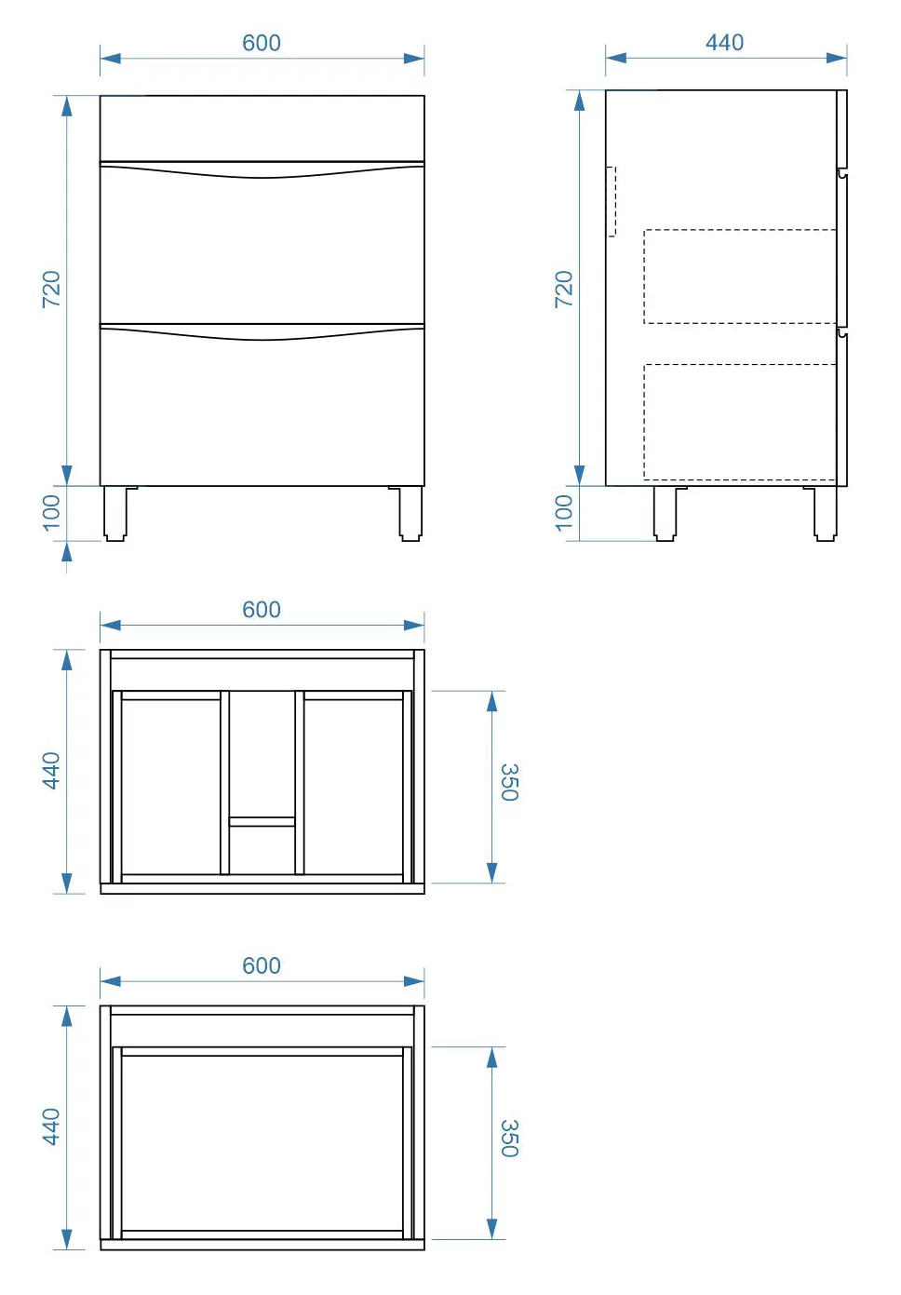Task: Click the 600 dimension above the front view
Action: (x=262, y=43)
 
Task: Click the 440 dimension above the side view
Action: (x=725, y=42)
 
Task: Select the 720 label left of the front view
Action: (x=51, y=289)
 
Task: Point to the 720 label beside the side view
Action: (x=563, y=289)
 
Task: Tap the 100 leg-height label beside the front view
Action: (x=51, y=513)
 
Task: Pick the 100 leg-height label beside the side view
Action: (x=563, y=513)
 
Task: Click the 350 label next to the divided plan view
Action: (x=510, y=782)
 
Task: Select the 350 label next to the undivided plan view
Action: (x=510, y=1139)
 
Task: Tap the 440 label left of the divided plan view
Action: (x=51, y=771)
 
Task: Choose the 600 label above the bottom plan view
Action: (x=262, y=965)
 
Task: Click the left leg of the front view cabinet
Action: (x=115, y=513)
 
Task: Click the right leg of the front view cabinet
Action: (x=410, y=513)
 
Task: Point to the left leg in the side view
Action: (x=666, y=513)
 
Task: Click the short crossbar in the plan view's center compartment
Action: (x=262, y=821)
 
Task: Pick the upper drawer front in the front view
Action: (x=262, y=243)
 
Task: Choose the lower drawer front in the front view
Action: (x=262, y=405)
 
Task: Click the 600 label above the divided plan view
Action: (x=262, y=610)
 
